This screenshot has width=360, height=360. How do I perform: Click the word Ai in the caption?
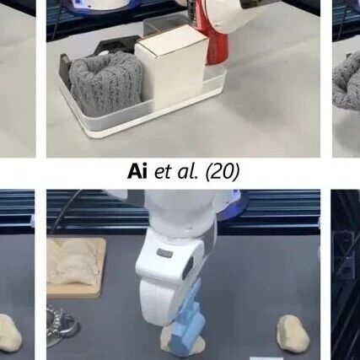tap(137, 171)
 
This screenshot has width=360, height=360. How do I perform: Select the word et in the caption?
tap(163, 172)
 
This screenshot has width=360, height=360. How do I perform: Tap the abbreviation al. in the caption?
tap(187, 171)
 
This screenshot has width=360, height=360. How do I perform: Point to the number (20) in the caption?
tap(223, 172)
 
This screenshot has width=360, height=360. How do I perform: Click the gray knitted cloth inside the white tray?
tap(106, 83)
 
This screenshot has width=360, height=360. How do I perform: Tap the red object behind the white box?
tap(217, 42)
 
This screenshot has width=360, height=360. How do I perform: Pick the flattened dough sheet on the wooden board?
tap(75, 261)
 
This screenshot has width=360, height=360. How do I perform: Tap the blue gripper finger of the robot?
tap(187, 320)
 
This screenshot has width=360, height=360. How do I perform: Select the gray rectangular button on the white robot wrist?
tap(164, 253)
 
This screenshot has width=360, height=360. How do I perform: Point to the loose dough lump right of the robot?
tap(293, 334)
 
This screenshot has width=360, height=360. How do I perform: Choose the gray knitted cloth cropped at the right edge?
tap(347, 83)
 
